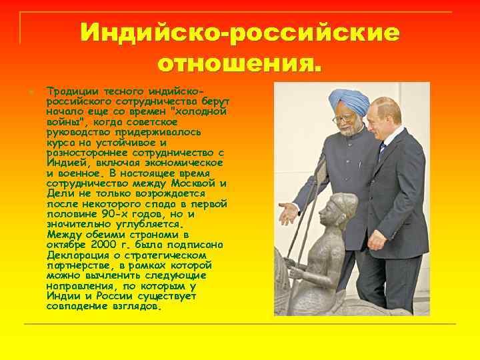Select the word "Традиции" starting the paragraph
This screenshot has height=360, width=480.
coord(69,90)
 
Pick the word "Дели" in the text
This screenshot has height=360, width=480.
coord(58,193)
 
